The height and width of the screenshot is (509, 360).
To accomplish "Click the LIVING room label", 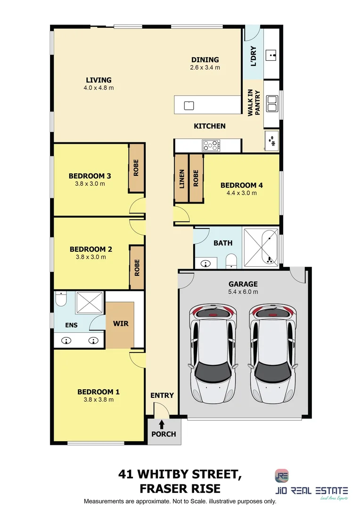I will [98, 80].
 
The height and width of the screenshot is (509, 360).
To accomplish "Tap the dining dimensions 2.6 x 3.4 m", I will [205, 67].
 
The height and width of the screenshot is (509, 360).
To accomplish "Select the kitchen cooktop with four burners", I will [212, 145].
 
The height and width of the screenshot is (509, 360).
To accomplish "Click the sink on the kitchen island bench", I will [188, 105].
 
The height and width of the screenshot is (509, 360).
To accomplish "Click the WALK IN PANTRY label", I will [254, 102].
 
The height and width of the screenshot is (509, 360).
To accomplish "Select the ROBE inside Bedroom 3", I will [136, 168].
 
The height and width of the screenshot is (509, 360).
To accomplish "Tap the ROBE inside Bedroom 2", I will [137, 268].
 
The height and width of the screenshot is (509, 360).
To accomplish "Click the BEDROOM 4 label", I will [241, 185].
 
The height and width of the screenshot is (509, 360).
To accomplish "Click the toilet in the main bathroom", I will [231, 261].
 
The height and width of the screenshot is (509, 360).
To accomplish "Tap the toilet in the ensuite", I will [60, 299].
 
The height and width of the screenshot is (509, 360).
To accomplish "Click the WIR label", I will [121, 324].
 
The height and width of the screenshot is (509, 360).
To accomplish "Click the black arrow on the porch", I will [162, 425].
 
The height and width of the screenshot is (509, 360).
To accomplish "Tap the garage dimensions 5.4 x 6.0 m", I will [243, 292].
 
